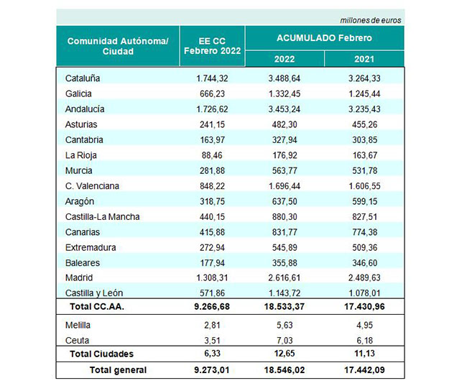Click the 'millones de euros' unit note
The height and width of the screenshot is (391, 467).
(371, 20)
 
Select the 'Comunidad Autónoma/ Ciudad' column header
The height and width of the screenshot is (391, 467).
(118, 46)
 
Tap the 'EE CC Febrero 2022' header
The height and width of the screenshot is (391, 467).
(213, 46)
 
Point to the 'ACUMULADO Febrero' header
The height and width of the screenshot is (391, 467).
(324, 38)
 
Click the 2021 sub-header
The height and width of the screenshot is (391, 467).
(364, 59)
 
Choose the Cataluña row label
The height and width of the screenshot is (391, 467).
(83, 78)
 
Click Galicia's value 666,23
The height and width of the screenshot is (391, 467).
(212, 94)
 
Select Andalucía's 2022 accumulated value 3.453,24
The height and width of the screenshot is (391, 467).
(285, 109)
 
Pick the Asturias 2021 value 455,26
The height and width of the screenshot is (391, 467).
(364, 124)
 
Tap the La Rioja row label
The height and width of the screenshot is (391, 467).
(81, 155)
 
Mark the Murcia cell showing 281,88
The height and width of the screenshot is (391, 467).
(212, 171)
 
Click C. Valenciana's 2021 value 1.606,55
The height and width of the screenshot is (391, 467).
(364, 186)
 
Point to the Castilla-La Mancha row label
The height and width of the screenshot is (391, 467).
(103, 216)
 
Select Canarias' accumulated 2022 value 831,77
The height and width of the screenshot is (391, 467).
(285, 232)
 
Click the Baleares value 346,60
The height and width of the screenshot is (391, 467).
(364, 263)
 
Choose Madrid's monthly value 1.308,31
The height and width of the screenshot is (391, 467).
(212, 277)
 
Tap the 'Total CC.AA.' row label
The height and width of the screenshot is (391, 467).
(97, 307)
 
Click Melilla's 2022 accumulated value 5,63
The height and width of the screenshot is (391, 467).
(285, 325)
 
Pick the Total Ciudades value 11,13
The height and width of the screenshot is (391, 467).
(364, 354)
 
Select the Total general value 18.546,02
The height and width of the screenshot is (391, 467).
(285, 370)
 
